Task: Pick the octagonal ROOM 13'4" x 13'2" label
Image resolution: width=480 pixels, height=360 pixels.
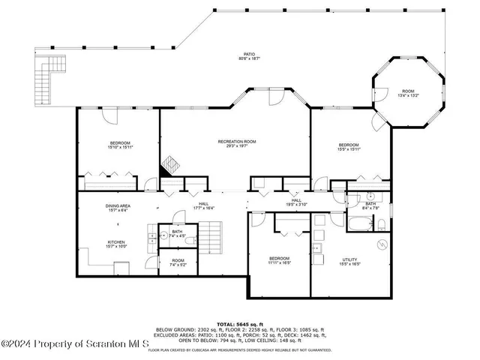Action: [x=407, y=92]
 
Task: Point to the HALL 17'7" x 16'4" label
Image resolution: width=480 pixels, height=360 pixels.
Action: [x=203, y=205]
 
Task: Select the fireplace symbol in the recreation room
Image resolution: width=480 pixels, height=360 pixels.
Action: [x=171, y=165]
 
